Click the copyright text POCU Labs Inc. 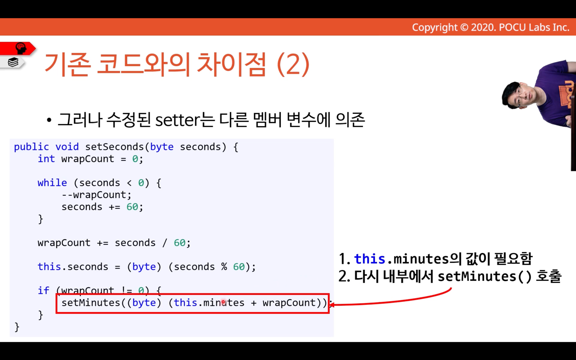(x=534, y=27)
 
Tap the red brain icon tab (x=18, y=48)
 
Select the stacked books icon (x=13, y=62)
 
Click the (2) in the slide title (x=293, y=64)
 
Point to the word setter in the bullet (x=178, y=120)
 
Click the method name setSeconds (x=115, y=147)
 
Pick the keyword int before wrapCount (x=46, y=158)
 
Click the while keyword (x=52, y=183)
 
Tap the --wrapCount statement (x=96, y=195)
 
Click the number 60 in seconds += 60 (x=132, y=207)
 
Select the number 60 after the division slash (x=179, y=243)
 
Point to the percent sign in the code (x=224, y=267)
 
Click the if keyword (x=43, y=291)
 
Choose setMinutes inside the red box (x=91, y=302)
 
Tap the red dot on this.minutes (x=223, y=302)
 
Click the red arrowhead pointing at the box (x=332, y=305)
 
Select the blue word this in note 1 (x=370, y=259)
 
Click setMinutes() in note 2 (x=485, y=277)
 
